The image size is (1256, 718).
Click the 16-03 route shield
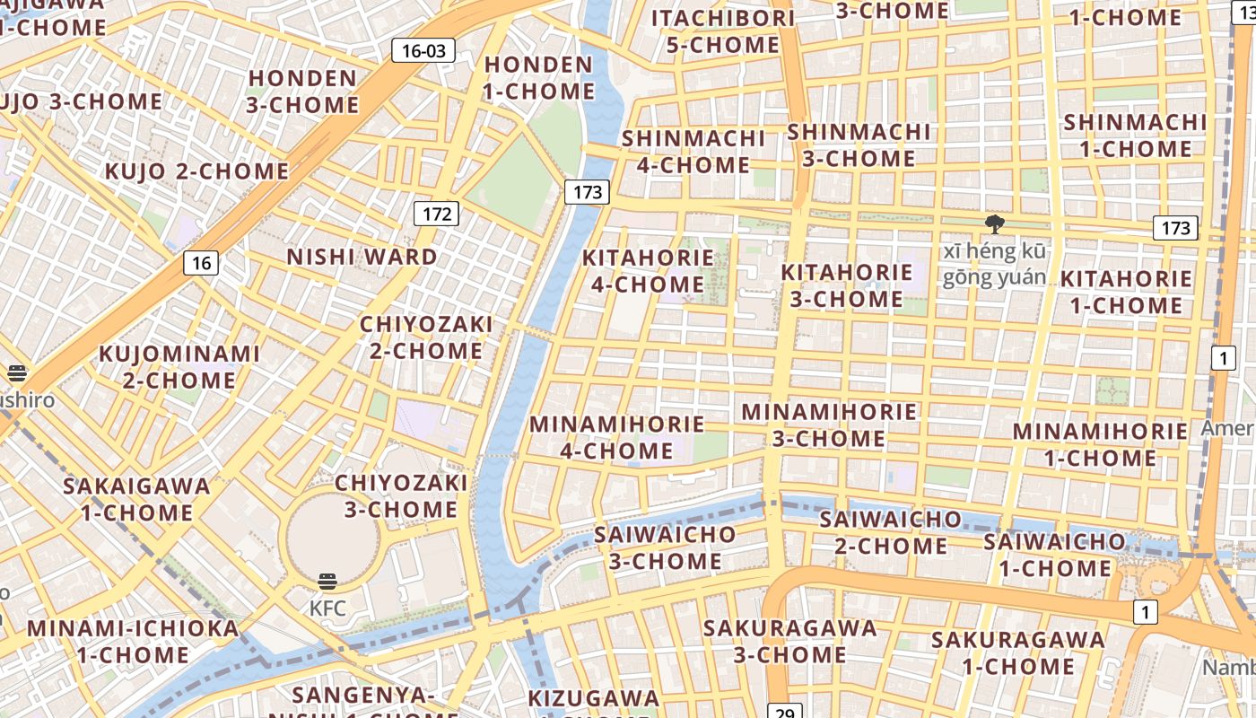[x=423, y=50]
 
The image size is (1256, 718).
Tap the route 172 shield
[x=436, y=214]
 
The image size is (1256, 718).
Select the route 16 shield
[x=201, y=263]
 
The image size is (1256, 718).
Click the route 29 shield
[x=784, y=711]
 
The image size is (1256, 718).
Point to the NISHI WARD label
[x=362, y=257]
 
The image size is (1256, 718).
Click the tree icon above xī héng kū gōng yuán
[x=994, y=224]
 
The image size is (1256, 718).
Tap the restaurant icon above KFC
[x=327, y=582]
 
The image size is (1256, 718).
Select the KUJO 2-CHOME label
[x=197, y=171]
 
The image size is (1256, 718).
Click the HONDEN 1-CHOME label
[x=538, y=78]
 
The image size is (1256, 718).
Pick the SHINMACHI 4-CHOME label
[x=693, y=152]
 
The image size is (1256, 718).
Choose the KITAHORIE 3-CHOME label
[x=846, y=285]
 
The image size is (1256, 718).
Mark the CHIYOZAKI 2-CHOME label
[x=426, y=337]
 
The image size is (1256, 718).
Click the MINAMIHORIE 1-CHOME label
[x=1100, y=444]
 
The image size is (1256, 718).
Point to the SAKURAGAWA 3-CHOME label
[x=789, y=641]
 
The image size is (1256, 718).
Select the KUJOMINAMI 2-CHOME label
[x=179, y=366]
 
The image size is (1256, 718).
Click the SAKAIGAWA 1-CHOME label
[x=136, y=499]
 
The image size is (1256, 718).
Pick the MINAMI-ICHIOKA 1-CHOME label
[x=134, y=641]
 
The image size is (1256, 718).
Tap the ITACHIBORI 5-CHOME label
[x=723, y=31]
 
